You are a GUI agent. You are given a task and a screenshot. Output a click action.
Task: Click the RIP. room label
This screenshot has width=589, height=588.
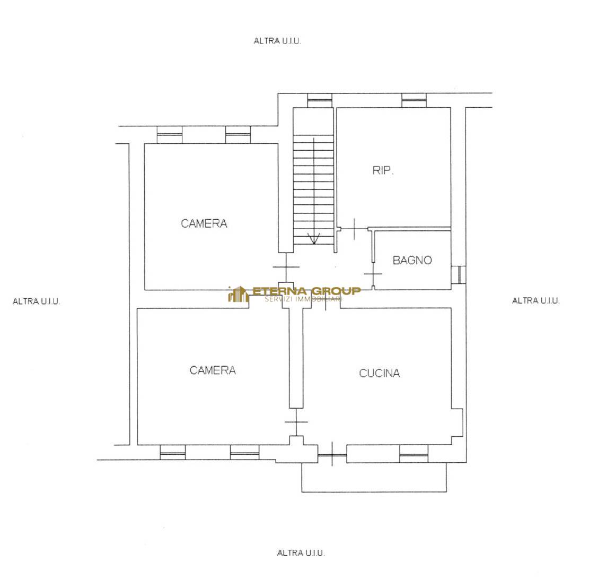[x=383, y=171]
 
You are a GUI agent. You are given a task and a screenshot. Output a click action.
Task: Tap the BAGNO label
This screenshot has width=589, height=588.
[x=412, y=260]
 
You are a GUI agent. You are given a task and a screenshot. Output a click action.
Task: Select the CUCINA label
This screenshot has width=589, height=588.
[x=380, y=373]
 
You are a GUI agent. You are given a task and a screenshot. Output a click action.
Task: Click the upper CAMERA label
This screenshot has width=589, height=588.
[x=204, y=224]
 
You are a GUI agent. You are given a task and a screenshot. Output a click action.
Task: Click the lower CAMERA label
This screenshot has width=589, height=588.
[x=213, y=370]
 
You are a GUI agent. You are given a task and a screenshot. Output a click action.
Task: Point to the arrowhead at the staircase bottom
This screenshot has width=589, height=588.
[x=314, y=239]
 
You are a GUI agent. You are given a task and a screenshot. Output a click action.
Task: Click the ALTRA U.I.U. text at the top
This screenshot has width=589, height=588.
[x=277, y=41]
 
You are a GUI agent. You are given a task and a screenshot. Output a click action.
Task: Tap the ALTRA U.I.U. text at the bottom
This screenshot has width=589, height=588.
[x=301, y=552]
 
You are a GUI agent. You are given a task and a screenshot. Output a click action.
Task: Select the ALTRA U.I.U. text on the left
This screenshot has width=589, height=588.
[x=36, y=301]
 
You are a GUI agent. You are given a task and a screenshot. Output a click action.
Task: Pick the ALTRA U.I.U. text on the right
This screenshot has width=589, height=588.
[x=535, y=300]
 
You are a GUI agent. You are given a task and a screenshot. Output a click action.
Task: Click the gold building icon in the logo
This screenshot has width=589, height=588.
[x=238, y=294]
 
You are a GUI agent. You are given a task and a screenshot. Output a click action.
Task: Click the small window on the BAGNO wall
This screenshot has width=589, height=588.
[x=458, y=275]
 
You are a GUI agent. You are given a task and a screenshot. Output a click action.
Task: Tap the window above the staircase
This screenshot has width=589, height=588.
[x=320, y=100]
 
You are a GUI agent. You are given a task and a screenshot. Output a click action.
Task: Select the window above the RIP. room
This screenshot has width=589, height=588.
[x=414, y=100]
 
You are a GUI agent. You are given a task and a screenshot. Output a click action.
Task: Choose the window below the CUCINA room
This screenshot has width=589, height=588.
[x=414, y=454]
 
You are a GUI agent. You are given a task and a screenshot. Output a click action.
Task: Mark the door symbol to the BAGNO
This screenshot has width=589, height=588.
[x=373, y=274]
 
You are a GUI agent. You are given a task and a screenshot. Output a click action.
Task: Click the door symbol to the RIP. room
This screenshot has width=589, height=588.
[x=354, y=229]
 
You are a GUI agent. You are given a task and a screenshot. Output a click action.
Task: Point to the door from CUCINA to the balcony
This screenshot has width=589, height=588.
[x=332, y=455]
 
